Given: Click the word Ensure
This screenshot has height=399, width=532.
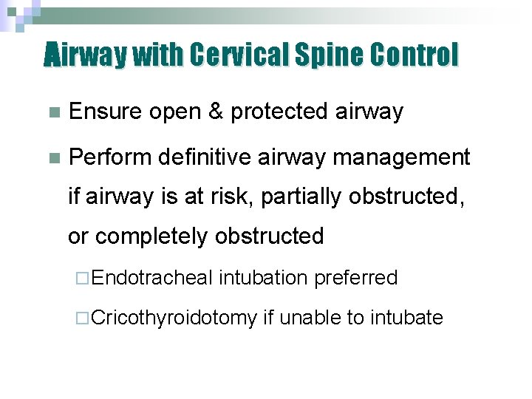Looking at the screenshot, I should pyautogui.click(x=105, y=112).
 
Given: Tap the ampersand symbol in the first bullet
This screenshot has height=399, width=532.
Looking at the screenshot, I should pyautogui.click(x=216, y=112).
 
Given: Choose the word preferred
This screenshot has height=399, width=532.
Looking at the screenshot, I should pyautogui.click(x=356, y=279).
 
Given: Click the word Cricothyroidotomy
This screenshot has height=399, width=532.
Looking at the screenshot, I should pyautogui.click(x=175, y=318).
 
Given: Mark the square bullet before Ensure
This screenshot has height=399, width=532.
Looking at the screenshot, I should pyautogui.click(x=51, y=113).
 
